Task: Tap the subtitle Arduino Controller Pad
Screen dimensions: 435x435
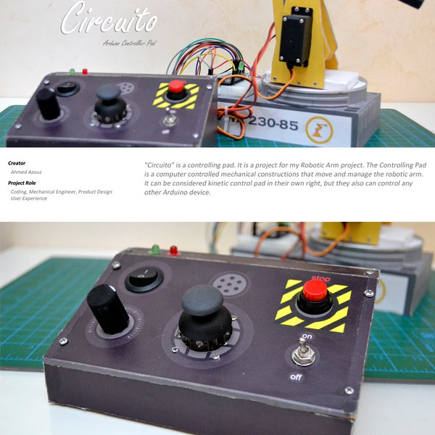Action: point(130,43)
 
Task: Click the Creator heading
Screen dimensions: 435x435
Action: point(17,163)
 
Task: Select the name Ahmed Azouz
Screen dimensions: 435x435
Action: point(27,173)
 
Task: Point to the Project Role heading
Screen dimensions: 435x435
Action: point(22,183)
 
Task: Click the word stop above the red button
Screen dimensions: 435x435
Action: point(319,278)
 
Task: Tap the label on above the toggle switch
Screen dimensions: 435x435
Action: point(307,336)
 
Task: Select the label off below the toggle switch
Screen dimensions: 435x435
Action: point(297,377)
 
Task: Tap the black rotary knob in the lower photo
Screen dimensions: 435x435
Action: point(108,308)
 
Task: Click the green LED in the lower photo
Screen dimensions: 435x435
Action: point(155,249)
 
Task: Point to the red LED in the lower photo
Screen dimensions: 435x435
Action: point(174,250)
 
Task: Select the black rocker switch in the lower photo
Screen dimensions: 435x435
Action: point(144,278)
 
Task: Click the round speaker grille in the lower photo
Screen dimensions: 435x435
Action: point(229,283)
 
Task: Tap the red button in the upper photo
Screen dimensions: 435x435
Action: point(175,88)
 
